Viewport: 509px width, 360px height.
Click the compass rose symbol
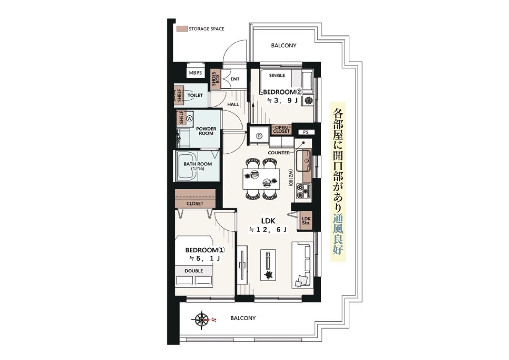tap(201, 320)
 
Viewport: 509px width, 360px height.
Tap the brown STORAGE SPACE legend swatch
tap(182, 29)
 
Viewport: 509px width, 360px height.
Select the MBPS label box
tap(195, 73)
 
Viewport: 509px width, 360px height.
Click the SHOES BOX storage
tap(216, 79)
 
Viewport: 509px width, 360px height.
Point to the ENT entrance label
tap(235, 79)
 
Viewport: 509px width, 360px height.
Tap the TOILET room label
tap(195, 95)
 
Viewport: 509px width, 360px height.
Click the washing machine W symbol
tap(190, 118)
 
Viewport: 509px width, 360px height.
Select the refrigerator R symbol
tap(259, 136)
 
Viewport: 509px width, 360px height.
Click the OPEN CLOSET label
tap(281, 129)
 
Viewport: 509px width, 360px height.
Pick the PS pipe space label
tap(306, 132)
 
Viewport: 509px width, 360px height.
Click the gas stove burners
tap(303, 191)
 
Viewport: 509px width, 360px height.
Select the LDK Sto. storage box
tap(306, 220)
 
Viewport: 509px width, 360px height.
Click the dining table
tap(261, 179)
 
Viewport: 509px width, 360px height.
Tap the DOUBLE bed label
tap(194, 271)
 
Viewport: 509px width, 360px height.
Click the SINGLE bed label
tap(277, 76)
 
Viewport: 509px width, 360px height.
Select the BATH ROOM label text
tap(198, 166)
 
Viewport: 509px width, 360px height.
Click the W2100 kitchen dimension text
tap(290, 177)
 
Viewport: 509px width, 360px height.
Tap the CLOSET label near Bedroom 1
tap(195, 204)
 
